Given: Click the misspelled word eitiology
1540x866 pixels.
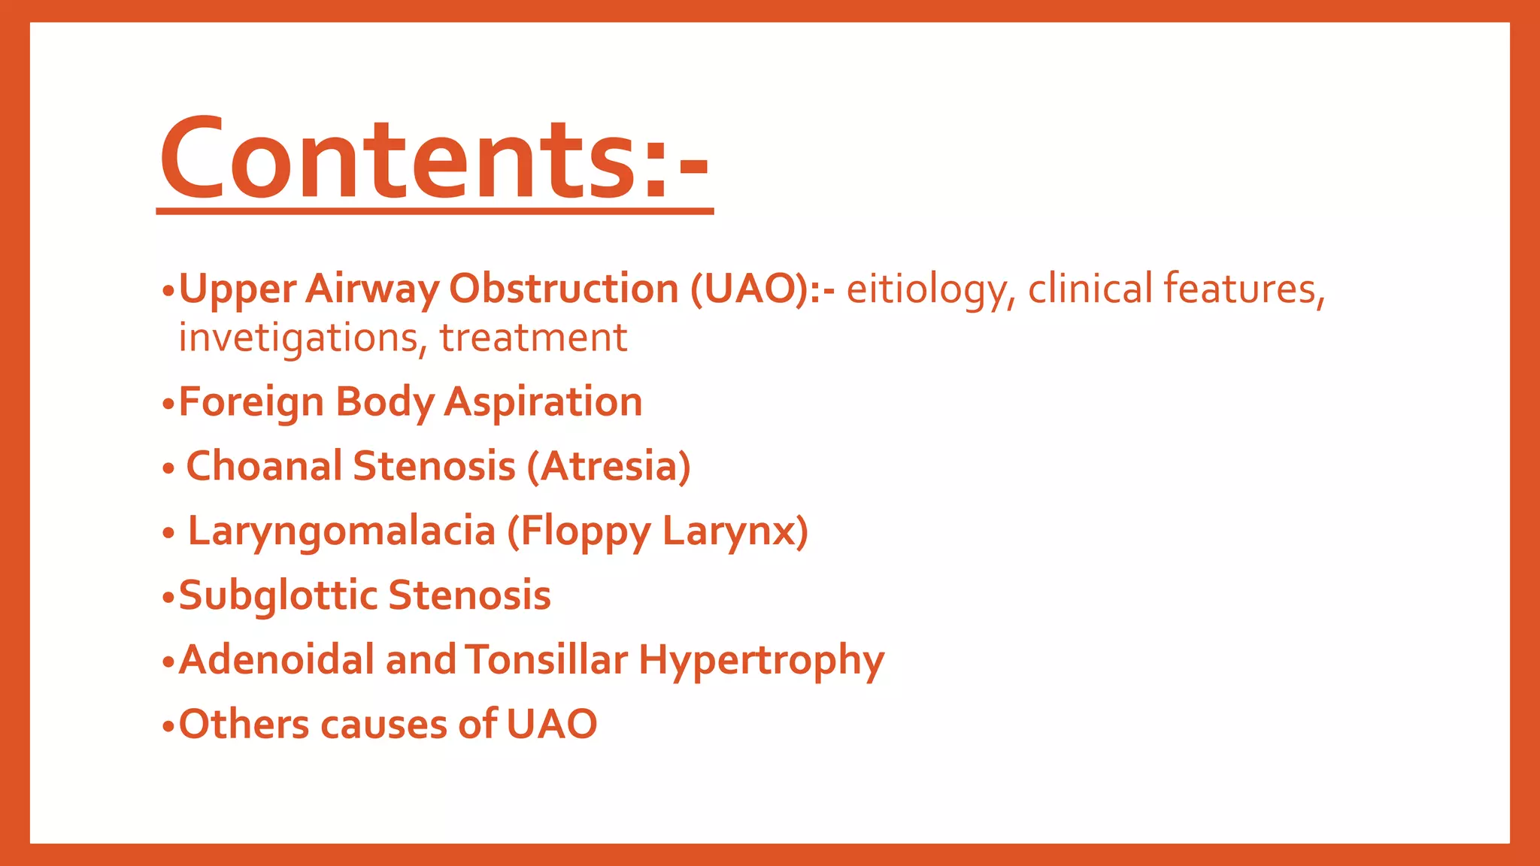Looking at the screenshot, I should pyautogui.click(x=931, y=289).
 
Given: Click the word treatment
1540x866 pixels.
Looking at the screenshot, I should pyautogui.click(x=533, y=338).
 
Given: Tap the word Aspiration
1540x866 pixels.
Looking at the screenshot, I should pyautogui.click(x=543, y=402).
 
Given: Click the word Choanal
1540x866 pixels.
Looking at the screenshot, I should pyautogui.click(x=264, y=466).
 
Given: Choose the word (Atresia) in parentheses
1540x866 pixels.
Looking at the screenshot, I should pyautogui.click(x=608, y=466).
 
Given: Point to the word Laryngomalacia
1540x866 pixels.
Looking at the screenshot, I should pyautogui.click(x=341, y=531).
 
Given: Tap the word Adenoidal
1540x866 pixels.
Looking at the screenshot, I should pyautogui.click(x=277, y=660).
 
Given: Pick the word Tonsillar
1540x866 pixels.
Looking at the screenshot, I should pyautogui.click(x=546, y=660).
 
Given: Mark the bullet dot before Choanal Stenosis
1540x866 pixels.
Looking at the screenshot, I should pyautogui.click(x=168, y=469).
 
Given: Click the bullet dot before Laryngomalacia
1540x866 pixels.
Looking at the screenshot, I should pyautogui.click(x=168, y=534).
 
